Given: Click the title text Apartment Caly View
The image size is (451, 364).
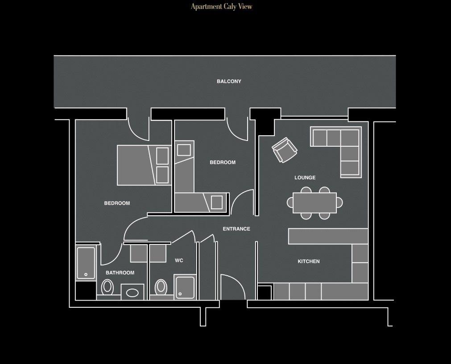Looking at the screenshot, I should click(x=222, y=7).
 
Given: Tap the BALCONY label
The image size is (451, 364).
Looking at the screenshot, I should click(x=229, y=82).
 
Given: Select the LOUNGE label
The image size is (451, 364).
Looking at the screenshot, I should click(x=305, y=178).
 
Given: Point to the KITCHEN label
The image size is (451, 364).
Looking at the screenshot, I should click(x=308, y=261).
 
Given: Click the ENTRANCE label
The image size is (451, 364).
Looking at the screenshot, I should click(x=236, y=229).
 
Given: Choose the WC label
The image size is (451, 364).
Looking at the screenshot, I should click(x=179, y=261).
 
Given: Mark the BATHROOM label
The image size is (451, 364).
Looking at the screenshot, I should click(x=120, y=273).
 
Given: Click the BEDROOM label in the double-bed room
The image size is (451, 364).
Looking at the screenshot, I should click(x=117, y=203).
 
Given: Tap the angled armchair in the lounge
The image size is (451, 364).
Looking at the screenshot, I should click(x=284, y=150).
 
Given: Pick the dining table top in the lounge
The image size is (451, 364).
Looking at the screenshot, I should click(x=314, y=203).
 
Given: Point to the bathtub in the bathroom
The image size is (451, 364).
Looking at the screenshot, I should click(x=86, y=263).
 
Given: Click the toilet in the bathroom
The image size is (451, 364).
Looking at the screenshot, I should click(x=107, y=287).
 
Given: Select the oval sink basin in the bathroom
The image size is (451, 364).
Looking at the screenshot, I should click(x=132, y=293).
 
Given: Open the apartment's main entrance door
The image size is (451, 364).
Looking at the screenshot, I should click(x=232, y=288).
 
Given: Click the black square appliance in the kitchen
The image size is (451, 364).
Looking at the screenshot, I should click(x=265, y=292).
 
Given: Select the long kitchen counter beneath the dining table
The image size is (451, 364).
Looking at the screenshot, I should click(x=328, y=236).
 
